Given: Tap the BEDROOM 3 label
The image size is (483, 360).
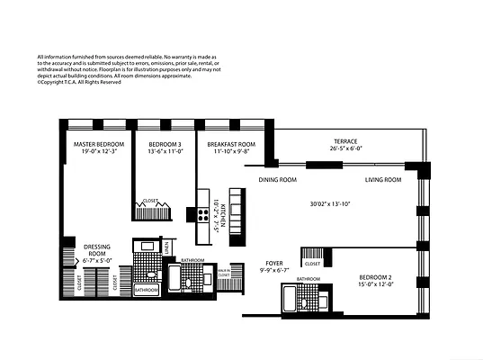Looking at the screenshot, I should [x=165, y=144].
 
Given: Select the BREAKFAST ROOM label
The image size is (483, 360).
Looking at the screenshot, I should [x=231, y=144].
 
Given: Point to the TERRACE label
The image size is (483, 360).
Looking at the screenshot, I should [x=345, y=141].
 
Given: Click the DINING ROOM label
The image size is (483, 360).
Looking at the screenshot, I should [x=278, y=180].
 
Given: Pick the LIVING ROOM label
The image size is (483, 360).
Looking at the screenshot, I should [x=382, y=180].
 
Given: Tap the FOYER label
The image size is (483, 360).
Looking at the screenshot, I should [x=273, y=263].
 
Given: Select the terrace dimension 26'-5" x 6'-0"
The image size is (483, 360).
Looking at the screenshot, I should [x=345, y=149].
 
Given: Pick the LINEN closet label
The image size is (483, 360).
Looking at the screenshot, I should [x=169, y=248].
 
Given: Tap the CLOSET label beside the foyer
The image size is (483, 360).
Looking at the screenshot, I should [x=313, y=264].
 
